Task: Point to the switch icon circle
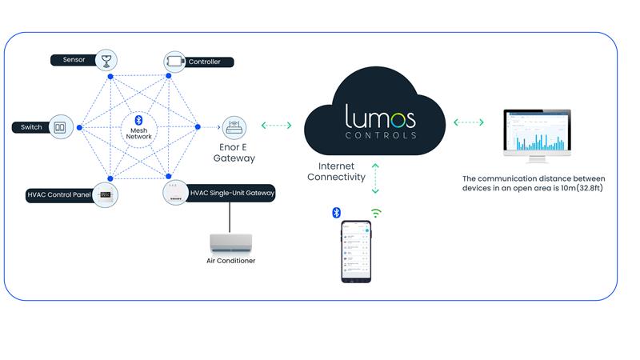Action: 60,127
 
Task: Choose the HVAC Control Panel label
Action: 58,194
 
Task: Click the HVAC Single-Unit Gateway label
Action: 232,193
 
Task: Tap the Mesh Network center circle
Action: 138,127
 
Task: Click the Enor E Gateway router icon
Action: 234,127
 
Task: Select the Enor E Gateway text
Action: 234,153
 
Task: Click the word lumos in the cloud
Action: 380,118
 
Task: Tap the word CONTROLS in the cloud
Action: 381,135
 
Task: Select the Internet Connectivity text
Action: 336,171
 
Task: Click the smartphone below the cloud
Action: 356,251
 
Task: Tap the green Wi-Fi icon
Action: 375,213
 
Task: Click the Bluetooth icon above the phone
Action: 337,212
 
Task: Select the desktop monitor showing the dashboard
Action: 537,136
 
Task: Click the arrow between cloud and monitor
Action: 469,122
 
